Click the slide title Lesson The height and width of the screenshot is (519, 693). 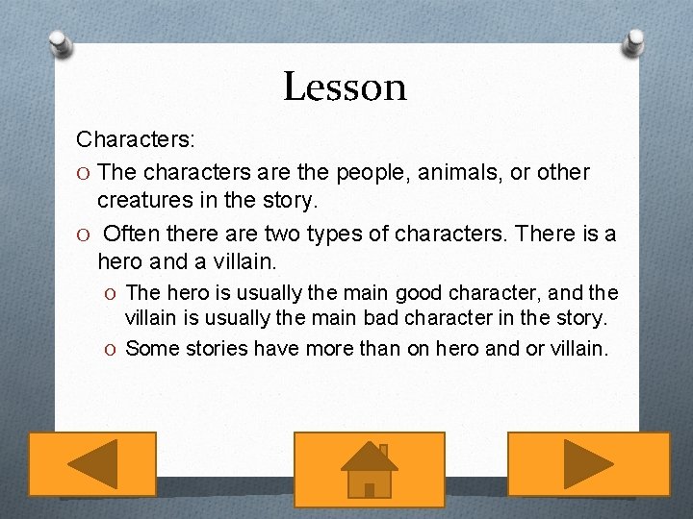coord(345,86)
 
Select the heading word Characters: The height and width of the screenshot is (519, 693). coord(136,139)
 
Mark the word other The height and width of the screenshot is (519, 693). coord(563,172)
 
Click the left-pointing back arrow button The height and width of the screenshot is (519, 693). coord(91,465)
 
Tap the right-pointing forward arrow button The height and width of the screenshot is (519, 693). coord(588,465)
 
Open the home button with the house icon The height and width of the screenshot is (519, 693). coord(369,469)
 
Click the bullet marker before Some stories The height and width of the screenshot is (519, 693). coord(114,349)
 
